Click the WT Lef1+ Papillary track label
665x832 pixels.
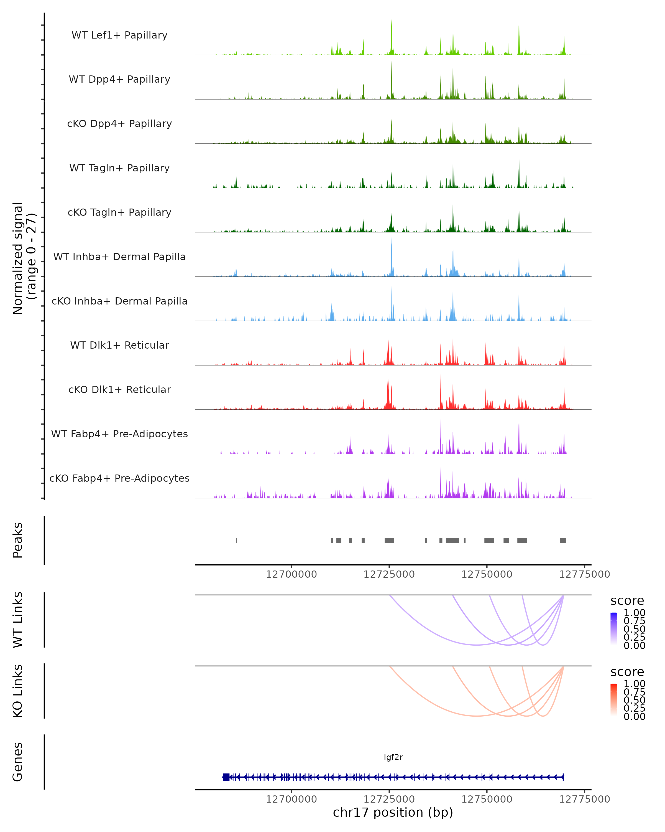[x=119, y=35]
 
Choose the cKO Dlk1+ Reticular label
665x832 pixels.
[x=119, y=389]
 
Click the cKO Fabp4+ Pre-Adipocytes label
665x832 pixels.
[x=119, y=478]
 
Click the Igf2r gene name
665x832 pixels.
[x=393, y=757]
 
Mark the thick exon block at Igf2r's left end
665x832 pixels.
[x=226, y=777]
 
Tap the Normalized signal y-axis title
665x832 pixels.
[x=24, y=258]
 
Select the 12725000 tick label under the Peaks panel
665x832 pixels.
[x=389, y=574]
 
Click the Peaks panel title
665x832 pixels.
[x=18, y=540]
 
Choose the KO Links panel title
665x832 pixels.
[x=18, y=691]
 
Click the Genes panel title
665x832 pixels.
[x=18, y=762]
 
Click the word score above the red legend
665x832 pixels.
[x=627, y=672]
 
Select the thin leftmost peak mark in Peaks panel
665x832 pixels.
[x=236, y=540]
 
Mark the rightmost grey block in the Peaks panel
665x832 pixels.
[x=563, y=540]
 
